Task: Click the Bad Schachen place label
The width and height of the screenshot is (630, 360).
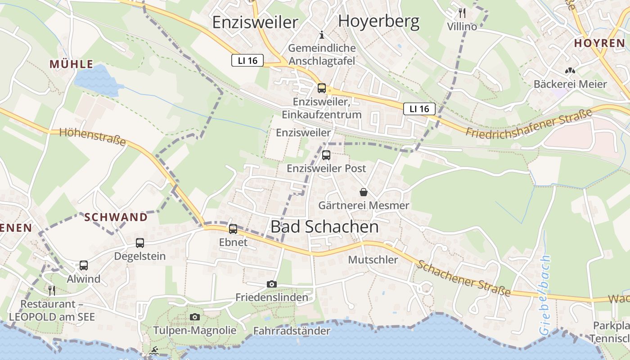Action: coord(324,227)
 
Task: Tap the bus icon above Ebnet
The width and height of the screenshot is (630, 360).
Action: coord(233,229)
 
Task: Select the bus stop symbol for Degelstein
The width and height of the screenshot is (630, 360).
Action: coord(140,243)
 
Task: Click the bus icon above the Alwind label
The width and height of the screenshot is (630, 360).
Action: coord(84,265)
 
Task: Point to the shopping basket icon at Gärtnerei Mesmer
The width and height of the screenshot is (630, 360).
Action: coord(364,193)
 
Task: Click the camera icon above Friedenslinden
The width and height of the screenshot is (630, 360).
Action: coord(271,284)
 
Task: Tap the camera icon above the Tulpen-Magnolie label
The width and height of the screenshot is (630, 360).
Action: coord(194,317)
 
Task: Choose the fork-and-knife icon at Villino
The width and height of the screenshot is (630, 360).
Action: coord(462,12)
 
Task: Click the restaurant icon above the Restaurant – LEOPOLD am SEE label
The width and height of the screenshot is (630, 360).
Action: coord(52,290)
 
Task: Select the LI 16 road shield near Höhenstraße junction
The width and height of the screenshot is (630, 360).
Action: coord(247,60)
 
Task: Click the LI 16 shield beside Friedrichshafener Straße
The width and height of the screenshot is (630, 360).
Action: coord(419,108)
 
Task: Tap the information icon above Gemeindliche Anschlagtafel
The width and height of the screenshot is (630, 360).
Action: coord(321,34)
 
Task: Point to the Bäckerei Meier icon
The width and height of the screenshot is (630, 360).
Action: coord(570,71)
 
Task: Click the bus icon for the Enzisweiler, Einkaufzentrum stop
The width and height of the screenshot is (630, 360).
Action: coord(321,88)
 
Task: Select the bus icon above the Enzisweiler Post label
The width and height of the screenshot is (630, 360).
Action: coord(326,155)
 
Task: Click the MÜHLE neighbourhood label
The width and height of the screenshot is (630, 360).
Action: coord(71,64)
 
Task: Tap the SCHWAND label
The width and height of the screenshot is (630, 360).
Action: coord(116,217)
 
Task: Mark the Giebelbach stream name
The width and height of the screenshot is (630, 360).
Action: coord(545,295)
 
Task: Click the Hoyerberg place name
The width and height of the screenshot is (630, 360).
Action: coord(378,21)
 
